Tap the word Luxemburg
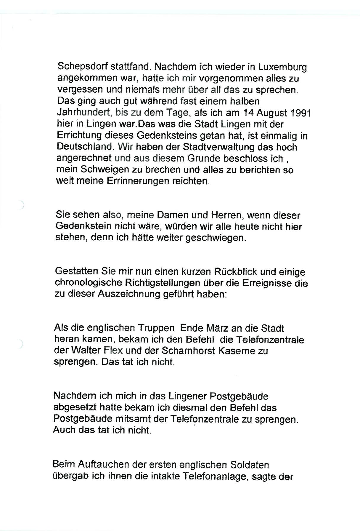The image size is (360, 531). [x=282, y=68]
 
